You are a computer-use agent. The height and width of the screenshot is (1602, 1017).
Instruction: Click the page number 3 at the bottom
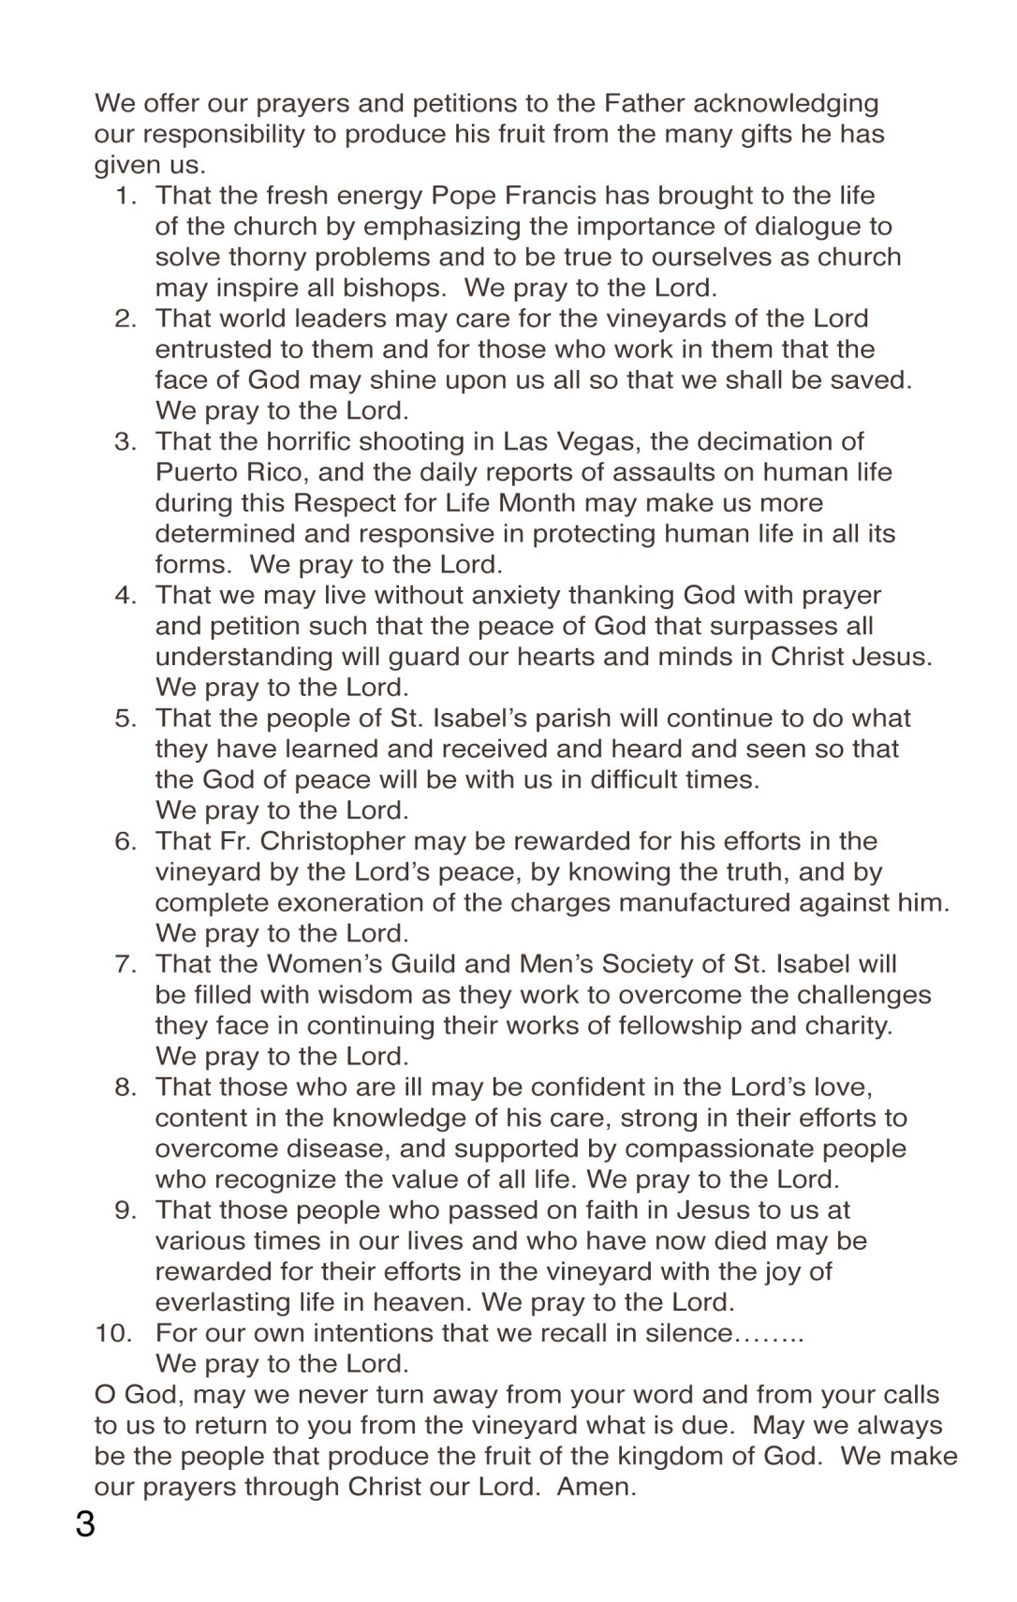click(85, 1524)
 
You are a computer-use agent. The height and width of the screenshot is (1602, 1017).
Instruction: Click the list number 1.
click(125, 196)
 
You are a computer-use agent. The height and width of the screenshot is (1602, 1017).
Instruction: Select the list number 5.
click(125, 719)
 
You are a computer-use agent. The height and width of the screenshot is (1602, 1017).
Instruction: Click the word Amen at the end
click(596, 1487)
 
